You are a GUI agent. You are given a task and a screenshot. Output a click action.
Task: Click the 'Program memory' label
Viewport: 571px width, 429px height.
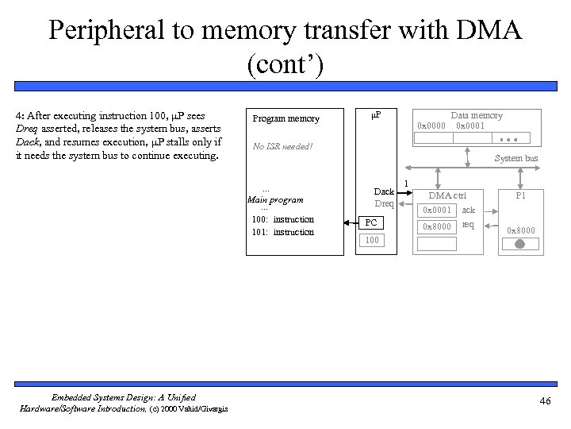tap(285, 119)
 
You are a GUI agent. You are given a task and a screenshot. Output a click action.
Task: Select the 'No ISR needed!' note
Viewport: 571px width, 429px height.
tap(282, 146)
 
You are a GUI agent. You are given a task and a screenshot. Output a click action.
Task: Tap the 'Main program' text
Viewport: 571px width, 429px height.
tap(276, 199)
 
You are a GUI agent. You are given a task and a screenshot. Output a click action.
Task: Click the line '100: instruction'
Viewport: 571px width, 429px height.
tap(282, 219)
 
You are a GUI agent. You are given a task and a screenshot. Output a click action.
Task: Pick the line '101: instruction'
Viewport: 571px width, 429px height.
tap(282, 232)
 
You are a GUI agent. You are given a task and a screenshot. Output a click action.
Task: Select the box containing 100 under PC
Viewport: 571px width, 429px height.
tap(373, 239)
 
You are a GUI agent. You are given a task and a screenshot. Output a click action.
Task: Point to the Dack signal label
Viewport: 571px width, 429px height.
tap(384, 191)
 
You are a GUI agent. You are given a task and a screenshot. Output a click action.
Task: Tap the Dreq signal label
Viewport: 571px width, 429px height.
tap(385, 203)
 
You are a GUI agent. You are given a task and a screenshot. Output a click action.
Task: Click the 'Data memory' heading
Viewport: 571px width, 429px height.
tap(477, 115)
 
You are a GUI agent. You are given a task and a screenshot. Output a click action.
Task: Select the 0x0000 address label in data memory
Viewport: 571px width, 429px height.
tap(431, 126)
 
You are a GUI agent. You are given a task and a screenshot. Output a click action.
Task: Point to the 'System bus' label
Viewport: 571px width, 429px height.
tap(516, 158)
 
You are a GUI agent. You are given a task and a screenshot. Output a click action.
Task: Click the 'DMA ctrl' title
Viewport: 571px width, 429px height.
tap(447, 195)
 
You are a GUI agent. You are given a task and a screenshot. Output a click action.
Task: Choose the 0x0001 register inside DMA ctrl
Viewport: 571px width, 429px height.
tap(437, 211)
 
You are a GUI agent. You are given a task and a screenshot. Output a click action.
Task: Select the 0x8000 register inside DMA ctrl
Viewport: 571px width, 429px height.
tap(437, 226)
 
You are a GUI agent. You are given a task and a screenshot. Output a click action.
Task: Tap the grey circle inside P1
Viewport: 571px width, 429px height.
tap(519, 245)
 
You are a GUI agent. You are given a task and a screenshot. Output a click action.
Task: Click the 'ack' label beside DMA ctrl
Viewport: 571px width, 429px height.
tap(469, 210)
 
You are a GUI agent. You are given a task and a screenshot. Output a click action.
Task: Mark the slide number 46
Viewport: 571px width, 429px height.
tap(544, 401)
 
